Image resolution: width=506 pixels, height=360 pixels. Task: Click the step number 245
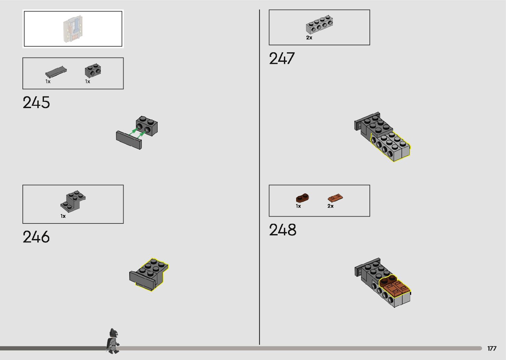[x=36, y=102]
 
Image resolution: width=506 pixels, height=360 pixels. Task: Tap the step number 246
[x=36, y=237]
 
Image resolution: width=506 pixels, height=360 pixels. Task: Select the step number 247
[x=282, y=59]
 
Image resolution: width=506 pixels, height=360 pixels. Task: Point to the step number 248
[x=283, y=230]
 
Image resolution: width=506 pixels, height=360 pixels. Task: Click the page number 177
[x=492, y=348]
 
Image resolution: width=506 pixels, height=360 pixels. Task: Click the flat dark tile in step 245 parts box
[x=56, y=72]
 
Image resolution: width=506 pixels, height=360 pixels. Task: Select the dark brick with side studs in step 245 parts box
[x=93, y=70]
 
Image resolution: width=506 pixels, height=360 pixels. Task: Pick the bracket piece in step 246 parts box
[x=73, y=201]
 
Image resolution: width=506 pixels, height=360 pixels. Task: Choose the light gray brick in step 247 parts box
[x=319, y=24]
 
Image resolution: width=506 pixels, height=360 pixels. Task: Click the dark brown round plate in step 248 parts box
[x=302, y=198]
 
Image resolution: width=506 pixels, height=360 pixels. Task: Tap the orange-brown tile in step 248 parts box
[x=335, y=198]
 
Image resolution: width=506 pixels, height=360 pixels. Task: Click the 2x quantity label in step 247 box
[x=309, y=38]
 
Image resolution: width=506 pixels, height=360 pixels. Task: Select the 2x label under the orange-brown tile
[x=331, y=206]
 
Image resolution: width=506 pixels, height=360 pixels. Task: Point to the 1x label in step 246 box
[x=63, y=216]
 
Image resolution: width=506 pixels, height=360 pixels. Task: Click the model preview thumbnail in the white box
[x=73, y=29]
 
